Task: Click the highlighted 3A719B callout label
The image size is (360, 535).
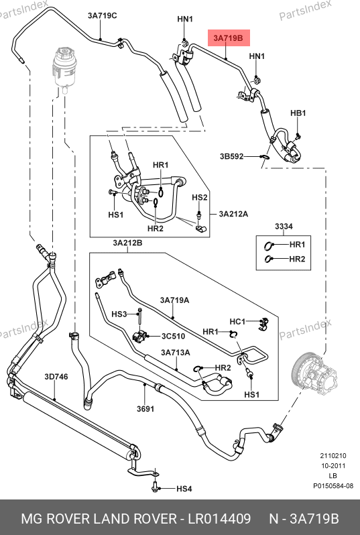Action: pyautogui.click(x=229, y=38)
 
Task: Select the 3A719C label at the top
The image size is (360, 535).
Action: pyautogui.click(x=102, y=15)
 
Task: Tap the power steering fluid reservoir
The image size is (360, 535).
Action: pyautogui.click(x=65, y=69)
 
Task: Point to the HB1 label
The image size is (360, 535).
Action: pyautogui.click(x=298, y=113)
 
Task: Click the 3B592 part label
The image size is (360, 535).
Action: pyautogui.click(x=231, y=157)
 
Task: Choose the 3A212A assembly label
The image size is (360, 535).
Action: pyautogui.click(x=233, y=214)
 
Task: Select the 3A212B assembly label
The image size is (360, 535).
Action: pyautogui.click(x=127, y=243)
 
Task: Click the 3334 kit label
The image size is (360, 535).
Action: pyautogui.click(x=284, y=226)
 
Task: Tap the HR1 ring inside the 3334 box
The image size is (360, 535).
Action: pyautogui.click(x=269, y=245)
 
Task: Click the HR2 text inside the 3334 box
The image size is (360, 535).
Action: pyautogui.click(x=297, y=259)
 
